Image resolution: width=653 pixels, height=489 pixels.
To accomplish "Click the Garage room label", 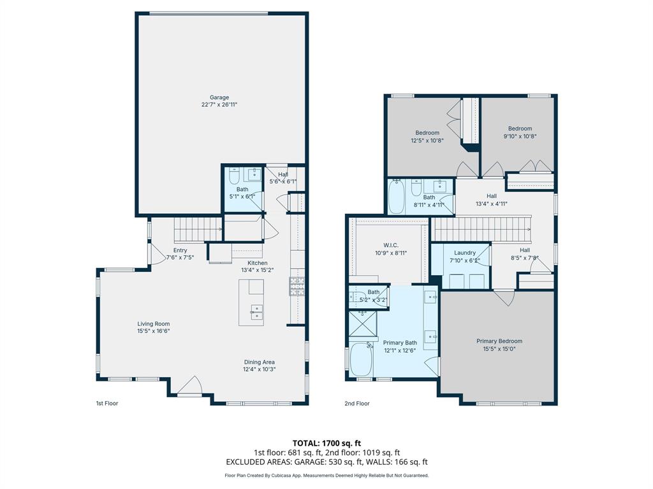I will point(219,97).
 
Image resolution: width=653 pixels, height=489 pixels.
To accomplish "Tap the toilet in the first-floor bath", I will point(234,175).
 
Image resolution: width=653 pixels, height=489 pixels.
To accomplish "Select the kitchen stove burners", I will point(297,287).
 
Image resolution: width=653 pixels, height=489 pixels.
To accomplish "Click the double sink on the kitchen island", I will point(256,311).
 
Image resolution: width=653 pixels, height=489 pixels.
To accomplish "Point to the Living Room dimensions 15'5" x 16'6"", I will point(153,331).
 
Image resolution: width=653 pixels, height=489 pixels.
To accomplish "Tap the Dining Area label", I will point(259,362).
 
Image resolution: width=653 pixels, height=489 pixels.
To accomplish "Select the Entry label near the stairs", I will point(180,250).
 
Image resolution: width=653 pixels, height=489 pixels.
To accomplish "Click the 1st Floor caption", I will point(106,403).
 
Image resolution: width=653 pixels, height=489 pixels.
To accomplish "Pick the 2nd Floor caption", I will point(357,403).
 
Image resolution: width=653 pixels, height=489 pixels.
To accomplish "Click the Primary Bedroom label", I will point(499,341).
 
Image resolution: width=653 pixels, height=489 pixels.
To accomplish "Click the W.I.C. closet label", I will point(392,244).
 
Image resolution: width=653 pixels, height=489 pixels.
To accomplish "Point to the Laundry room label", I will point(465,253).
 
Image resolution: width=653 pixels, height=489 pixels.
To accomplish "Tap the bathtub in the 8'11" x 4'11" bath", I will point(397,197).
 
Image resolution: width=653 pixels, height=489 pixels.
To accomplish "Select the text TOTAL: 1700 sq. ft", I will point(326,443).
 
